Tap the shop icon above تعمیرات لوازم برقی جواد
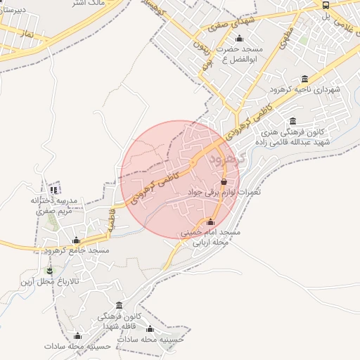(x=224, y=182)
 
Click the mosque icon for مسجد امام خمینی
(x=210, y=222)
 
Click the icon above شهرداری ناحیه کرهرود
(x=304, y=79)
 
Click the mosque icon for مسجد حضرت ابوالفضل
(x=239, y=39)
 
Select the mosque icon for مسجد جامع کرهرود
(x=77, y=240)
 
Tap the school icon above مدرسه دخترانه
(x=54, y=190)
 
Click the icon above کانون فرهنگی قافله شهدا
(x=119, y=306)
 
